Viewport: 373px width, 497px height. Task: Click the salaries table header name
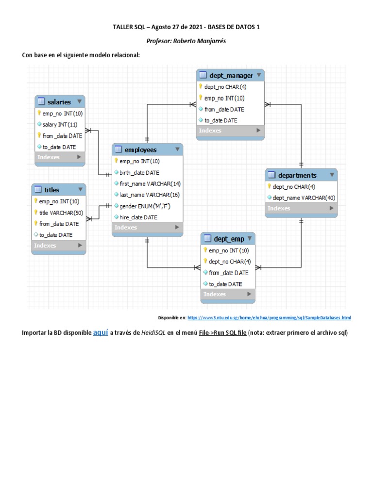(59, 102)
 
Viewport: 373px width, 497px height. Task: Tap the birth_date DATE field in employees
(139, 172)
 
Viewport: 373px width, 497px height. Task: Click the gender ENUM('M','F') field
(145, 206)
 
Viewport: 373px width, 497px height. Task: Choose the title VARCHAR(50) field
(61, 213)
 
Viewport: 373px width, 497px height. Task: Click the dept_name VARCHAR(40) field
(304, 198)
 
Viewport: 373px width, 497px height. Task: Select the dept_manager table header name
(231, 75)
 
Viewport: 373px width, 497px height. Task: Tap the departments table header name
(297, 175)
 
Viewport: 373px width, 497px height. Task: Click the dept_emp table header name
(229, 239)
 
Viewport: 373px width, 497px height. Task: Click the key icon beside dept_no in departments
(269, 186)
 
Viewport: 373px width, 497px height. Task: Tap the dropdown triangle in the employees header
(177, 149)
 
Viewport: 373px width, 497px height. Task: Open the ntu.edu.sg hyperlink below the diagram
(269, 317)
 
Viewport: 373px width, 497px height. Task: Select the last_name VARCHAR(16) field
(143, 195)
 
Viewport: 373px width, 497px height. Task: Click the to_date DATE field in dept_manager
(220, 120)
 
